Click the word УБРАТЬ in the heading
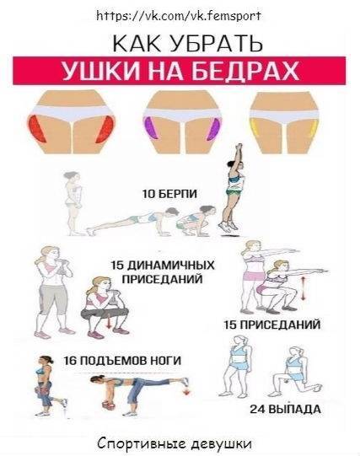221,42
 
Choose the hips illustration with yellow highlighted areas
285,123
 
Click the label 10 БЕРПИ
169,195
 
